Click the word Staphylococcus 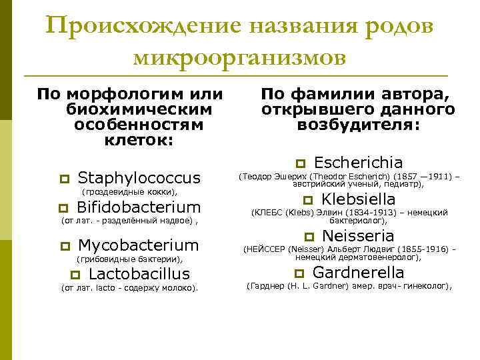(x=139, y=177)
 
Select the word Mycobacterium (x=139, y=245)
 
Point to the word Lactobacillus (x=139, y=274)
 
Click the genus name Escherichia (x=358, y=162)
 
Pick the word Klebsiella (x=358, y=199)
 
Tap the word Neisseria (x=359, y=235)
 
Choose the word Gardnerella (x=358, y=272)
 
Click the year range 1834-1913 (x=360, y=212)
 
